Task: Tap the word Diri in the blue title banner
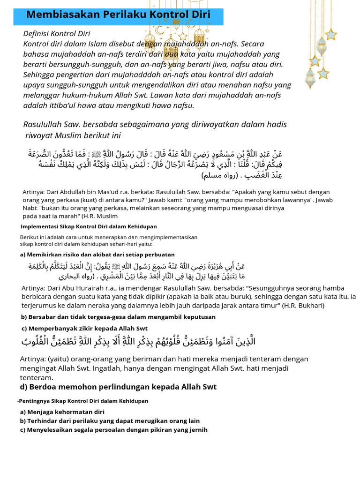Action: point(200,15)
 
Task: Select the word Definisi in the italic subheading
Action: point(39,34)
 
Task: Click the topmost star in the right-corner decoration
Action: point(331,34)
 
